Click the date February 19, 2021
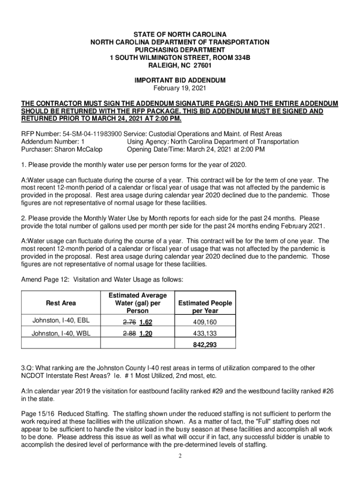click(x=180, y=88)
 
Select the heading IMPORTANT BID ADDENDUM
click(x=180, y=80)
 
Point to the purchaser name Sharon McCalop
click(x=79, y=149)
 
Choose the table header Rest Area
click(x=61, y=303)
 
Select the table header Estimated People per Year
click(x=205, y=307)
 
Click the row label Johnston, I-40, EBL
click(x=61, y=320)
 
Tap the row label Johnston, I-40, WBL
click(x=61, y=334)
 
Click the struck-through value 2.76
click(x=129, y=322)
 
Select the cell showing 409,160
click(x=205, y=322)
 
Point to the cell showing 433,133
click(x=205, y=334)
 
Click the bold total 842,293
click(x=205, y=345)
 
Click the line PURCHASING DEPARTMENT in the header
click(x=180, y=50)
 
